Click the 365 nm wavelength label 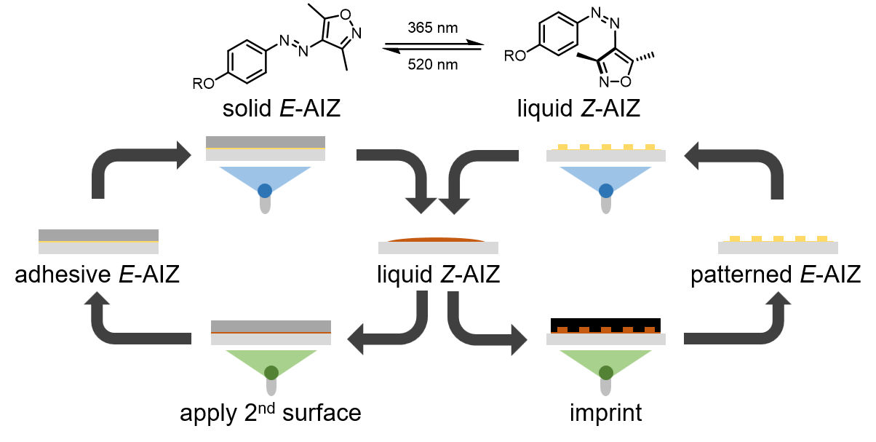tap(434, 29)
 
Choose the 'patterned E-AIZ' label tap(776, 275)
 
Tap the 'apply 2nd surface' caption tap(271, 413)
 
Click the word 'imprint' tap(606, 413)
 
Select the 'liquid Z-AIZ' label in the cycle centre tap(438, 275)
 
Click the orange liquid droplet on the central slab tap(438, 239)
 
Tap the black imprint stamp tap(605, 323)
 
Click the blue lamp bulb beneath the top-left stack tap(266, 191)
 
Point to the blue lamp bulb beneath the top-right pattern tap(605, 191)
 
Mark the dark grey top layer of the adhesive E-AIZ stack tap(98, 234)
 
